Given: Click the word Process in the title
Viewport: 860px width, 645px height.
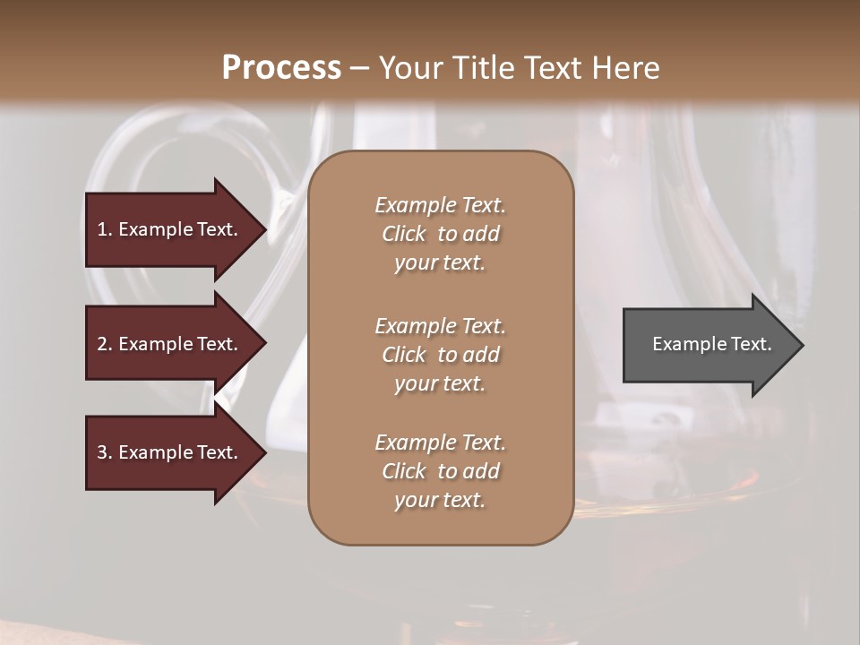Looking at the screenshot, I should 281,68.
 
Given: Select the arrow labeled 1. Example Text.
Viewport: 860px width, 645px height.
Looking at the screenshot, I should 170,229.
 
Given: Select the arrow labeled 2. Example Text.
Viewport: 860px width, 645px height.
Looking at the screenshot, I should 170,344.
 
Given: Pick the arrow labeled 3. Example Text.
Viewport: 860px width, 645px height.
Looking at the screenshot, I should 170,452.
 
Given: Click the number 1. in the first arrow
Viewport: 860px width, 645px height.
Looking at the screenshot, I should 105,229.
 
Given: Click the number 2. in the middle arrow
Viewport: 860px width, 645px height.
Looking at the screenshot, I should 105,344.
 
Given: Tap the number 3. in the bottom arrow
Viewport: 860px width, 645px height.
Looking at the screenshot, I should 105,452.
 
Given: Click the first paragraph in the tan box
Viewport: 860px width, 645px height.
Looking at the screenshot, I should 440,234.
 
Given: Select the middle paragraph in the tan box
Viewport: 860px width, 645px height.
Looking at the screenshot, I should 440,355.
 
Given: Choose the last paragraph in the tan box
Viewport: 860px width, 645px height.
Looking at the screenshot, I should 440,471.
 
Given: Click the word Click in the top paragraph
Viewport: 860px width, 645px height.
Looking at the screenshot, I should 404,234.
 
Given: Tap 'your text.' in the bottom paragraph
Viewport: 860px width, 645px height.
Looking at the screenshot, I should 440,501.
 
